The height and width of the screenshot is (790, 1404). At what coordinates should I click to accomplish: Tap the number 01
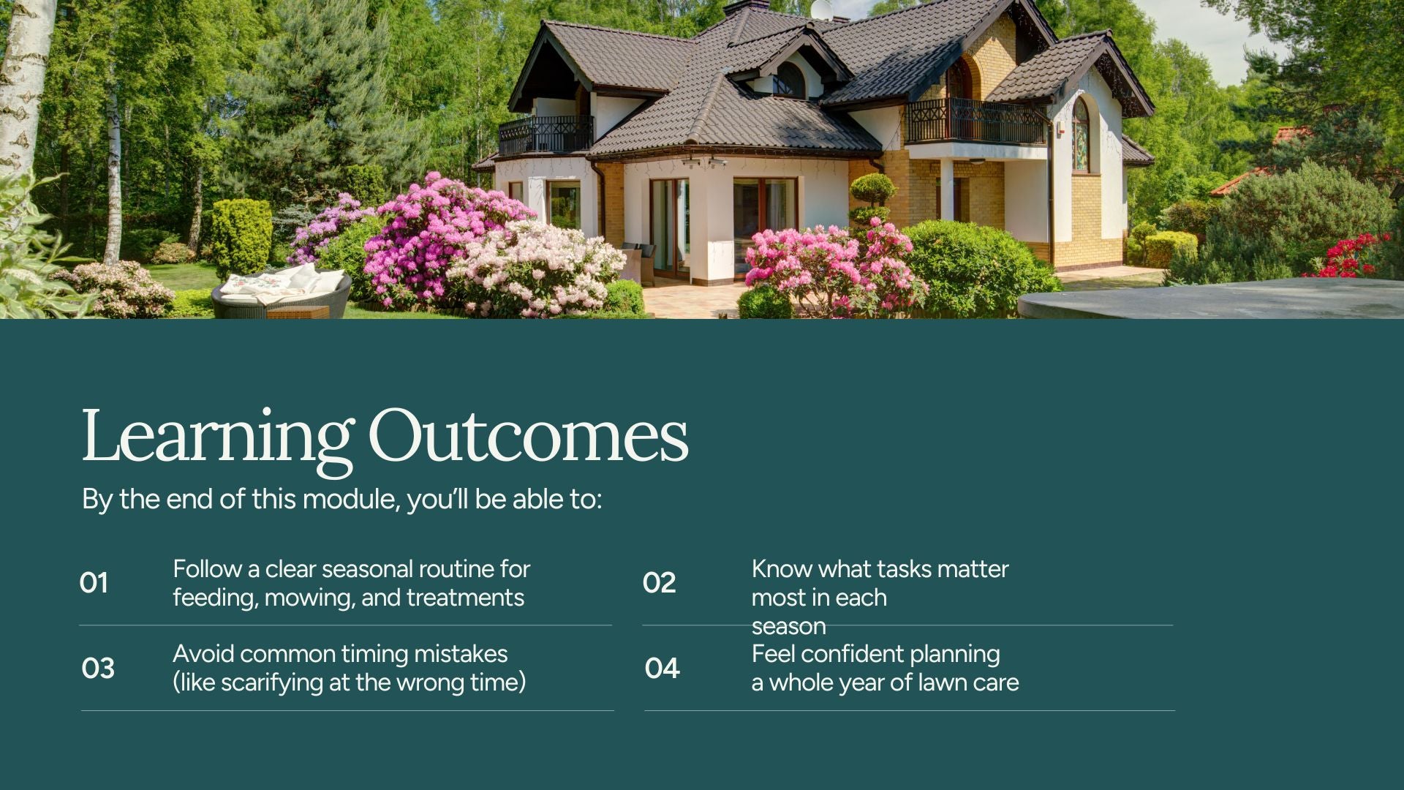[x=94, y=583]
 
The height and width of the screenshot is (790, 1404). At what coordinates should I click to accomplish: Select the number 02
[x=659, y=583]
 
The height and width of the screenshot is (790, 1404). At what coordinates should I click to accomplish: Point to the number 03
[x=98, y=668]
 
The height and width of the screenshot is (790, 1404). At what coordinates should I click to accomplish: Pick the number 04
[x=662, y=668]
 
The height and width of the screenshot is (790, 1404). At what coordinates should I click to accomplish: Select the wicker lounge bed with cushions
[x=281, y=292]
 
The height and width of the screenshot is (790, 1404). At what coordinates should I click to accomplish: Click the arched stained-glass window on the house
[x=1081, y=136]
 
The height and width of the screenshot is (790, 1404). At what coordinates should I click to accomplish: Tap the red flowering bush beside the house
[x=1354, y=256]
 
